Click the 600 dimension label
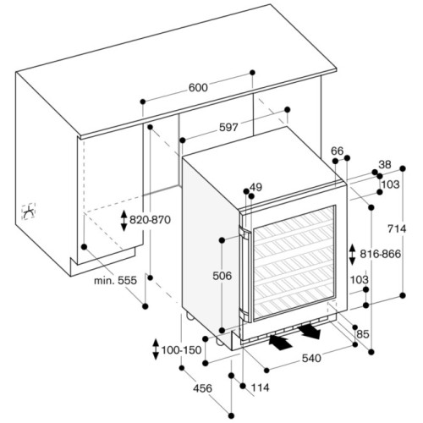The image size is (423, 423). [x=198, y=88]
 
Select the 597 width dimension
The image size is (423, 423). [x=228, y=128]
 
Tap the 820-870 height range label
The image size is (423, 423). [x=150, y=220]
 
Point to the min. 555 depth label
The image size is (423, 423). [x=115, y=280]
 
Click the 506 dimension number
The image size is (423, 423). [x=222, y=276]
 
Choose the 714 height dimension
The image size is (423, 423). [x=397, y=228]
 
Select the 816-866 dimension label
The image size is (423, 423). [x=380, y=254]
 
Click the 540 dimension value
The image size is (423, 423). [x=311, y=359]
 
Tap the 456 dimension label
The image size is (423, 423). [x=202, y=388]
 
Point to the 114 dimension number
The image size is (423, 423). [x=260, y=387]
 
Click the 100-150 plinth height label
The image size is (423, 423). [x=181, y=350]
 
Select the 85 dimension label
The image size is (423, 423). [x=363, y=334]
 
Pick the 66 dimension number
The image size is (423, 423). [x=338, y=151]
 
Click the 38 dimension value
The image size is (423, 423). [x=385, y=165]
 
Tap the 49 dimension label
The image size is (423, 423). [x=255, y=187]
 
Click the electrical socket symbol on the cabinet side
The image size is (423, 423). [x=29, y=211]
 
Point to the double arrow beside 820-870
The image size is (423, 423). [x=124, y=221]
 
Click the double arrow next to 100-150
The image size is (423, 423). [x=156, y=349]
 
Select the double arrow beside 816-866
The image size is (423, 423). [x=352, y=255]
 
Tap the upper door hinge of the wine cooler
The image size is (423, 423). [x=244, y=233]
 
